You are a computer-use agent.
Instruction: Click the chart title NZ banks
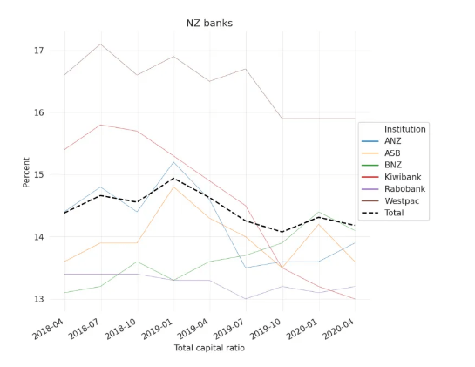[x=209, y=22]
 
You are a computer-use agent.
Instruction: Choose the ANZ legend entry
[x=394, y=141]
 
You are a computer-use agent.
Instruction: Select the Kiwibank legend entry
[x=403, y=176]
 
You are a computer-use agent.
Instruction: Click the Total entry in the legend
[x=396, y=212]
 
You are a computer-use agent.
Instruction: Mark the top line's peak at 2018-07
[x=100, y=44]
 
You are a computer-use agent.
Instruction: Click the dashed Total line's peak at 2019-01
[x=173, y=179]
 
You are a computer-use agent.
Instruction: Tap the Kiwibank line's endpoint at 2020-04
[x=355, y=299]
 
